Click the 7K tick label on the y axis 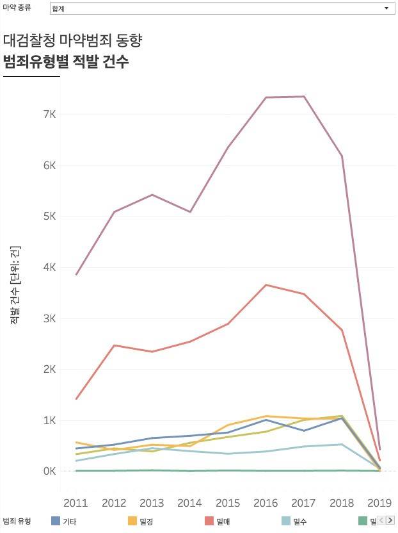49,114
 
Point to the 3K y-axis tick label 49,318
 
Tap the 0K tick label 49,471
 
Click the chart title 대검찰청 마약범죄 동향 72,40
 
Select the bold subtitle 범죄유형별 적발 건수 66,62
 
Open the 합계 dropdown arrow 386,8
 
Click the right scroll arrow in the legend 390,520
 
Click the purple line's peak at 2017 304,97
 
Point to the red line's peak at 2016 266,285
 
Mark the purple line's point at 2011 76,274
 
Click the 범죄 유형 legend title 17,521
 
